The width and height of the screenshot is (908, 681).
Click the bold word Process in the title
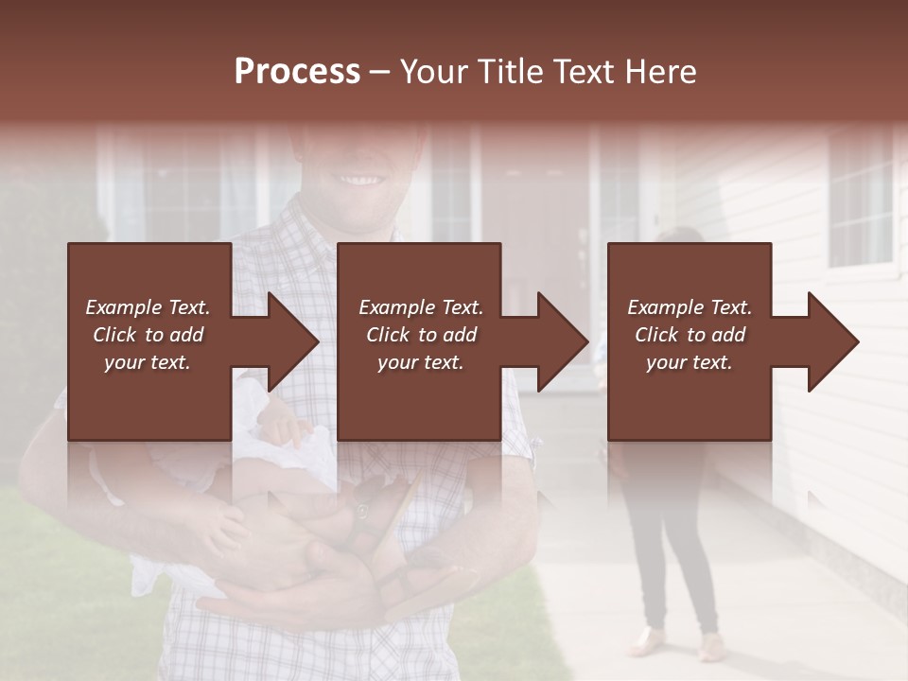(x=297, y=72)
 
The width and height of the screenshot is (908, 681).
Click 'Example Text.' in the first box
(x=148, y=307)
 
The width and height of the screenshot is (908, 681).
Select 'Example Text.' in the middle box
(x=421, y=307)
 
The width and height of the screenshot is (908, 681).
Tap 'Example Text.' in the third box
(x=690, y=307)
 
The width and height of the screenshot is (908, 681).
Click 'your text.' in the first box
(x=148, y=362)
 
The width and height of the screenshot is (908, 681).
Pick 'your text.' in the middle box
(x=421, y=362)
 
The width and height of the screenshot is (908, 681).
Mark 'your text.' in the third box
(x=690, y=362)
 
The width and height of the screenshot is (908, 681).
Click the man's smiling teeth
(x=358, y=179)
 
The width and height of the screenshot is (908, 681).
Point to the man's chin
(x=355, y=219)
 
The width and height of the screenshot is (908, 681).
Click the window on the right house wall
(x=861, y=199)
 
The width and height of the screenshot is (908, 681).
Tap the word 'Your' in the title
(x=435, y=72)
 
